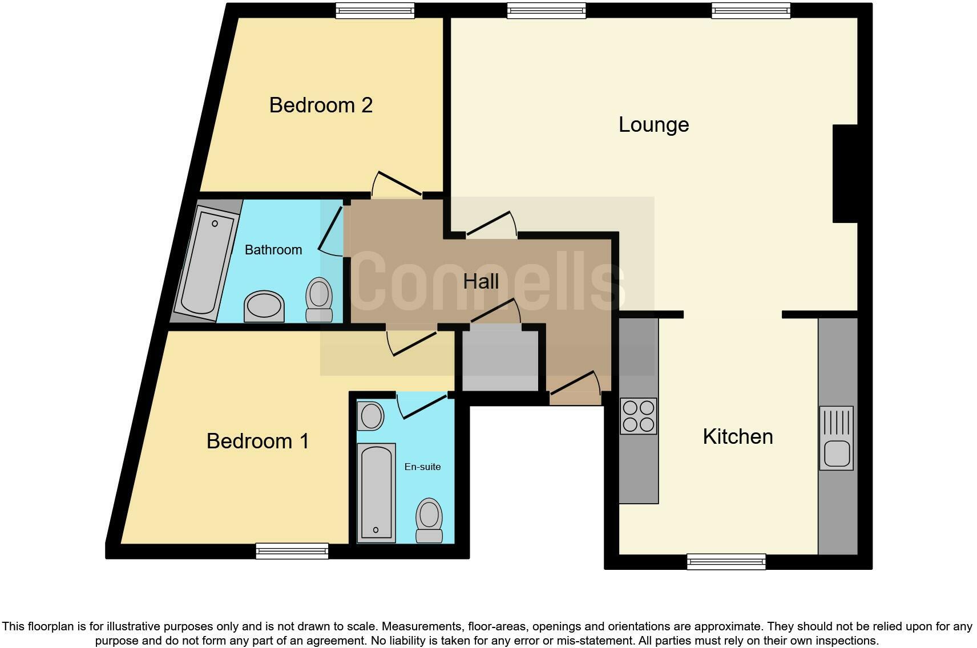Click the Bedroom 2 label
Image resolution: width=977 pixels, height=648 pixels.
pyautogui.click(x=321, y=105)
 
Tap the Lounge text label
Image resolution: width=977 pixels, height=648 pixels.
pyautogui.click(x=653, y=124)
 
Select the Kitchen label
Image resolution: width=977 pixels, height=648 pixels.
pyautogui.click(x=737, y=436)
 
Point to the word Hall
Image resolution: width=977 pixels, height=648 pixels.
pyautogui.click(x=481, y=281)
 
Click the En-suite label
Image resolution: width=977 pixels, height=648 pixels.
pyautogui.click(x=422, y=467)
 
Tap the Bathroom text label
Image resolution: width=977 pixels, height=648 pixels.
pyautogui.click(x=273, y=250)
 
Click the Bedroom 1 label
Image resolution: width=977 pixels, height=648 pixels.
pyautogui.click(x=257, y=441)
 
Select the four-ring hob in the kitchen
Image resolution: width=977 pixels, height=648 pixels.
pyautogui.click(x=638, y=416)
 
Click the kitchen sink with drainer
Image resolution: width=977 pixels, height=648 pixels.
pyautogui.click(x=836, y=438)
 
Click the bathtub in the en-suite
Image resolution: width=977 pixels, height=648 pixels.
pyautogui.click(x=376, y=492)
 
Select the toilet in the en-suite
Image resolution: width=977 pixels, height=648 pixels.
pyautogui.click(x=429, y=520)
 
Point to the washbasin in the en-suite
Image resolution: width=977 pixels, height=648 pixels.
pyautogui.click(x=371, y=416)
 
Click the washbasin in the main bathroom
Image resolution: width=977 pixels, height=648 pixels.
pyautogui.click(x=264, y=306)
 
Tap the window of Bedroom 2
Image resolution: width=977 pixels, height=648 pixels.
pyautogui.click(x=374, y=10)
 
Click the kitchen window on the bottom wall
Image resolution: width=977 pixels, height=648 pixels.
pyautogui.click(x=726, y=561)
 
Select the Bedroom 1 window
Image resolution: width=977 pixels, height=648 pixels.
pyautogui.click(x=292, y=550)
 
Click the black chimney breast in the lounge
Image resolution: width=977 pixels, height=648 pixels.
pyautogui.click(x=845, y=173)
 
